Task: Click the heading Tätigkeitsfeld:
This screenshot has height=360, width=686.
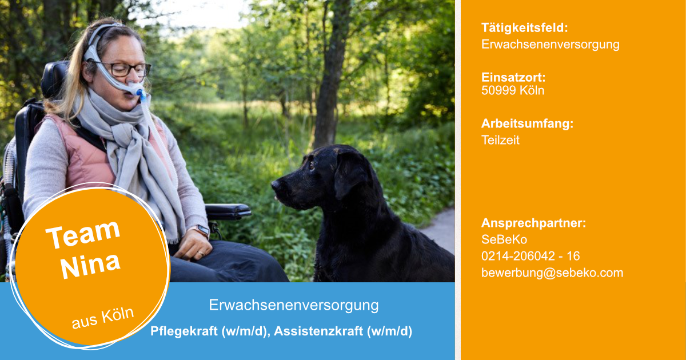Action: [525, 28]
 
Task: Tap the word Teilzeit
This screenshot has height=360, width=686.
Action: [500, 140]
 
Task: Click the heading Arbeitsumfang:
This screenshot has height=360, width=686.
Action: [527, 124]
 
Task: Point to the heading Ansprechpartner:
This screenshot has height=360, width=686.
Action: [533, 223]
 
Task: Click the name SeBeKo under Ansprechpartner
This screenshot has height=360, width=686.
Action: [504, 239]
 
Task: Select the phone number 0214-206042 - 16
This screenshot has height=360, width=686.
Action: [531, 256]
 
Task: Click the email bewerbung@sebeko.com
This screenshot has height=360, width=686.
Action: [552, 273]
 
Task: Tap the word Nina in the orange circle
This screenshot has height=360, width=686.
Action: [90, 265]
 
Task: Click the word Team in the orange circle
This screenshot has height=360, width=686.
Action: [83, 234]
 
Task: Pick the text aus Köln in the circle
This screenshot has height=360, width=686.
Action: [102, 318]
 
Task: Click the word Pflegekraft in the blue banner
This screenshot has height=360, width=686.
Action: [184, 331]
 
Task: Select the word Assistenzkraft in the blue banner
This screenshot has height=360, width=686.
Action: [318, 331]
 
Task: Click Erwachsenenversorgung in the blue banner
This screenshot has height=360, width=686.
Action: [294, 305]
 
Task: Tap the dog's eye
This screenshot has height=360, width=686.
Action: [312, 166]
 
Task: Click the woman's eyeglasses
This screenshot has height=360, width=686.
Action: [125, 69]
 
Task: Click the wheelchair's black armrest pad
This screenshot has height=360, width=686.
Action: [228, 210]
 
